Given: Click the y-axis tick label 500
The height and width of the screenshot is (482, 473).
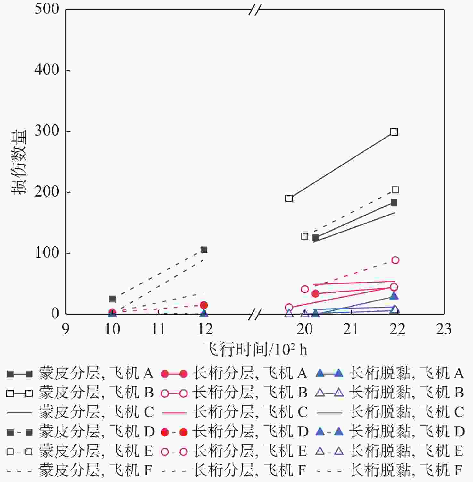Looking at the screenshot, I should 47,9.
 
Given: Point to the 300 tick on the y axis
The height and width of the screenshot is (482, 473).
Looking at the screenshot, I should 47,131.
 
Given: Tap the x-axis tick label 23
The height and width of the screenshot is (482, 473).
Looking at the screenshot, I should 444,329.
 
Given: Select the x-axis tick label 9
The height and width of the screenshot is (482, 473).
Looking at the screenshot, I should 65,329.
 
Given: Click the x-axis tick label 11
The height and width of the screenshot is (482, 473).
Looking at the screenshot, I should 158,329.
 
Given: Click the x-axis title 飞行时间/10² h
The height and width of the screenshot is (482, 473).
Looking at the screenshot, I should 255,349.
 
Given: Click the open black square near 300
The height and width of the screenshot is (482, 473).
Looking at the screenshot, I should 394,132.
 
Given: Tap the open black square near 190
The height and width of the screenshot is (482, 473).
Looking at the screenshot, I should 289,198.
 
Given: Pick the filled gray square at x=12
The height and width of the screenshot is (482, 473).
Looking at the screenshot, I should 204,249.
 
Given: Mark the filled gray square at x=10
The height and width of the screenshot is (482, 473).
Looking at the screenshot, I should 112,299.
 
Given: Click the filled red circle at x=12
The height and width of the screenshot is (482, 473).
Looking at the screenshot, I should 204,305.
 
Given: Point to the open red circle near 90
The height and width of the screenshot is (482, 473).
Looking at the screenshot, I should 395,260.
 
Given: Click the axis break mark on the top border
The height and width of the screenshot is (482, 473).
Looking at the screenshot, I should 255,10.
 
